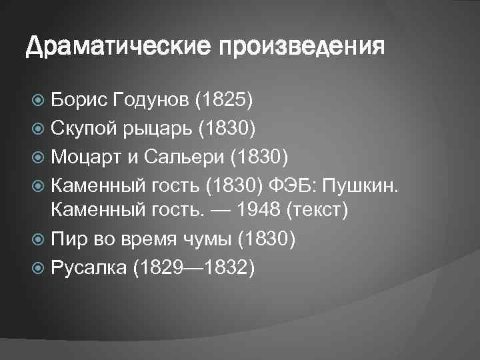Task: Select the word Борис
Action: coord(79,100)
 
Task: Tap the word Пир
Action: coord(68,239)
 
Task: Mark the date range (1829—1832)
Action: coord(194,267)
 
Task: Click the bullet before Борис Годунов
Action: coord(39,101)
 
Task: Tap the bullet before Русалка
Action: coord(39,267)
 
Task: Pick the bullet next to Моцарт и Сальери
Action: coord(39,157)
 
